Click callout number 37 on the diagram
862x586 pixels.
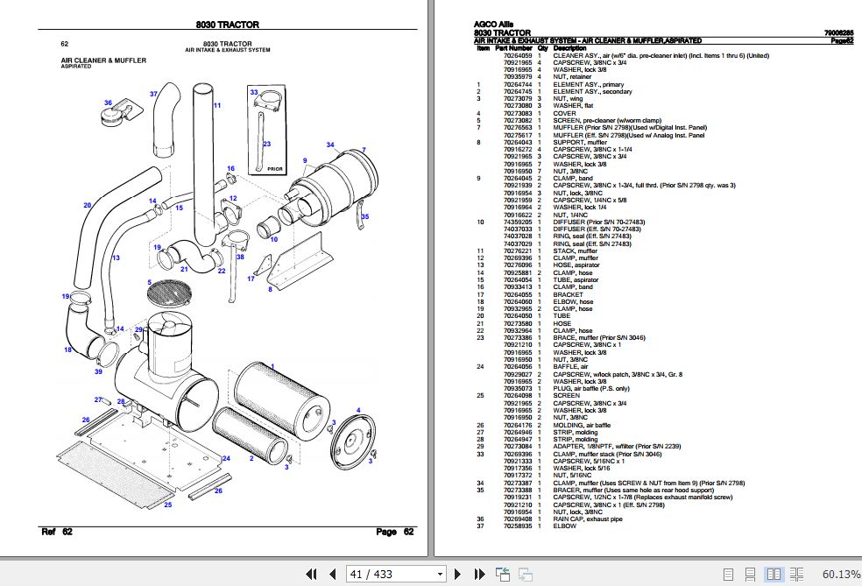pos(153,94)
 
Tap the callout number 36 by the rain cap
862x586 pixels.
pos(109,103)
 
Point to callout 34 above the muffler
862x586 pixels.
pos(330,145)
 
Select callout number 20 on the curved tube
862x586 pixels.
pos(87,206)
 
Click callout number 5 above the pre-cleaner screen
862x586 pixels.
pos(150,282)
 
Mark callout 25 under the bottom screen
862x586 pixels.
pos(167,505)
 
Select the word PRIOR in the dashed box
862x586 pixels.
pos(274,169)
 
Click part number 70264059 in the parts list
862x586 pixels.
pos(517,55)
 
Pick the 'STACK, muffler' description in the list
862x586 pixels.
pos(576,251)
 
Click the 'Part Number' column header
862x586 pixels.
pos(513,47)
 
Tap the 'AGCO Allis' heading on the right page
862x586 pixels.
pos(493,25)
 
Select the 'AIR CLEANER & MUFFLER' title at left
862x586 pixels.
pos(103,60)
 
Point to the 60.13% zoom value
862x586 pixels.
pos(841,574)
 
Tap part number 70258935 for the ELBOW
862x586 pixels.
pos(517,526)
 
